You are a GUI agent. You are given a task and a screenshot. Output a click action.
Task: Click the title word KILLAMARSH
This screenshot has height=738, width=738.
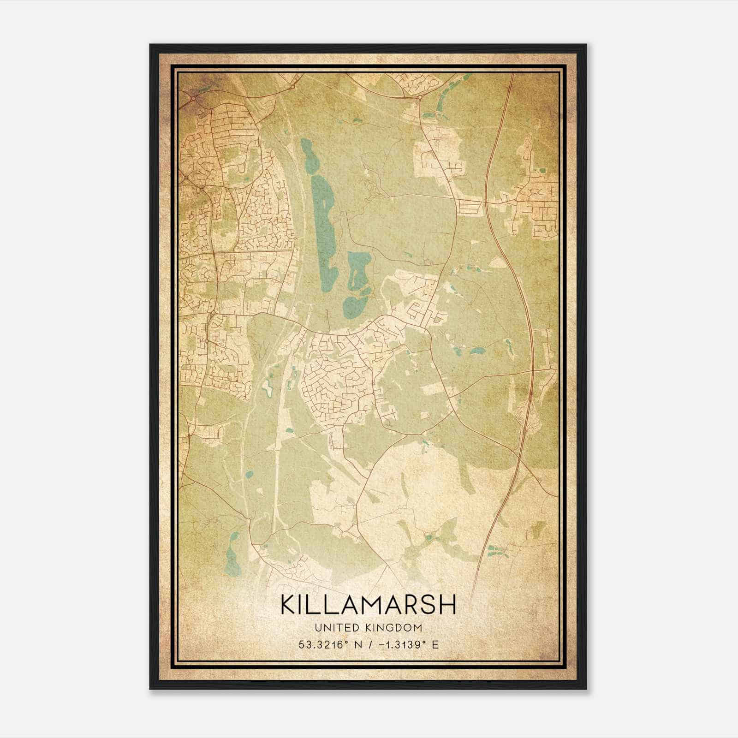[x=368, y=605]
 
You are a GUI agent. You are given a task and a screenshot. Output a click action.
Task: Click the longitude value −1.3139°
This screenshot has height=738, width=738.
[x=397, y=644]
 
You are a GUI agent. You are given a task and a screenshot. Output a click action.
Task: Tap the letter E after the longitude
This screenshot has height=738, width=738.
[x=435, y=644]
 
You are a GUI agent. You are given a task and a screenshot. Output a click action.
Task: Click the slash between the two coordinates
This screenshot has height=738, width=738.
[x=367, y=644]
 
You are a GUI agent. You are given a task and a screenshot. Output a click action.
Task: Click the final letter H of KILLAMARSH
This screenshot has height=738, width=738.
[x=448, y=605]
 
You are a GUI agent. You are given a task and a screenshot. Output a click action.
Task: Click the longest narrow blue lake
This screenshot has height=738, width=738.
[x=322, y=231]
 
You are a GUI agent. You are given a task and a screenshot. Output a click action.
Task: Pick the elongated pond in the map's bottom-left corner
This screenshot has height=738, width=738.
[x=232, y=556]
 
